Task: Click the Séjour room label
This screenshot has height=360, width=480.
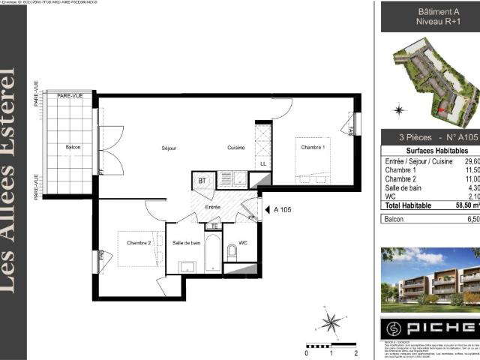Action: point(169,148)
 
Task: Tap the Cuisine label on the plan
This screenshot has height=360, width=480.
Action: point(236,148)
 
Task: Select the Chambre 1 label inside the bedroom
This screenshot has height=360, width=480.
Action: point(313,148)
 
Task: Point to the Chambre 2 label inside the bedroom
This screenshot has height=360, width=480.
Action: point(139,242)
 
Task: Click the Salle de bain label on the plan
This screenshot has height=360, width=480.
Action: point(186,242)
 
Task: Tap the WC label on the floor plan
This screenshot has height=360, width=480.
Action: point(243,242)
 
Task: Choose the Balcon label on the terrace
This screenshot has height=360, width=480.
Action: point(73,147)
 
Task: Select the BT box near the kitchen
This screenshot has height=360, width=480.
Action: point(202,180)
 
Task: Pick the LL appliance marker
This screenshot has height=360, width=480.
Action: point(262,163)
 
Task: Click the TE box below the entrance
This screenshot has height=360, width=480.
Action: point(214,226)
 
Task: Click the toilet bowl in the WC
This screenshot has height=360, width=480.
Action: point(231,253)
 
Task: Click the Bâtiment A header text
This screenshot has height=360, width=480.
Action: point(427,11)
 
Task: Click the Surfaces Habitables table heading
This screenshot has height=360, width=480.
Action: point(426,150)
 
